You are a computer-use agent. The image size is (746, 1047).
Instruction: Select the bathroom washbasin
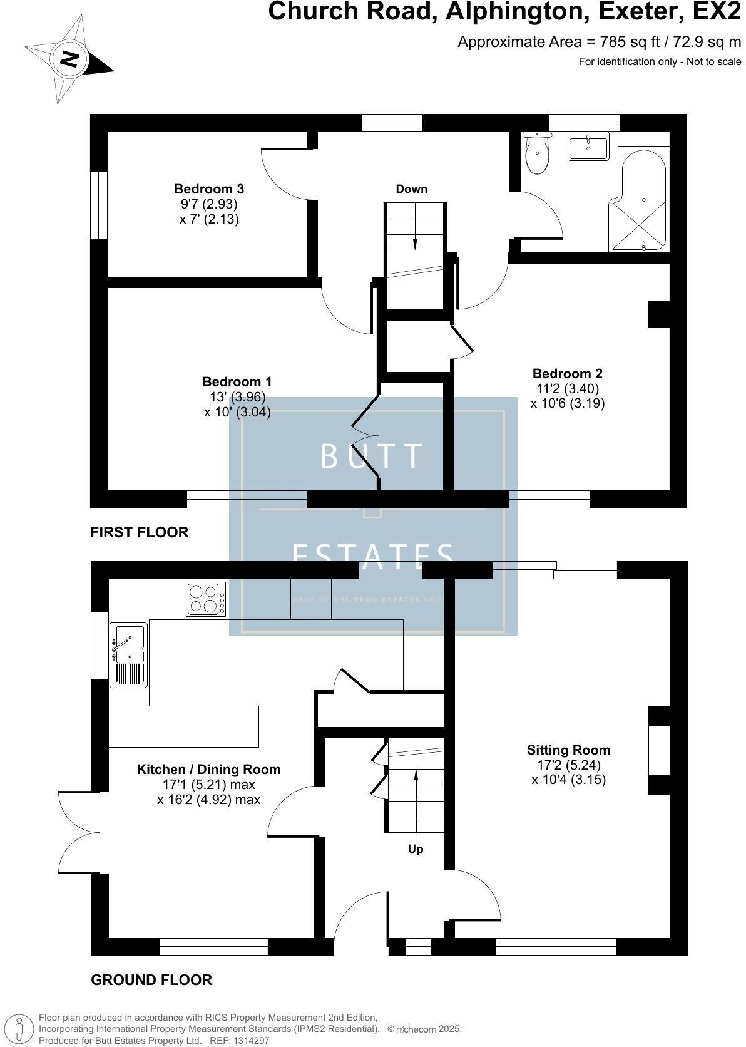click(588, 148)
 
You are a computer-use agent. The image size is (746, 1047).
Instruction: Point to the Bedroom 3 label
click(208, 188)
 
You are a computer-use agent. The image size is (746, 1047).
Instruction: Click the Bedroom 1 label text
click(237, 381)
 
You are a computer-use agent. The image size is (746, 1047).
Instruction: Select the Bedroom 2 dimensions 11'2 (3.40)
click(568, 388)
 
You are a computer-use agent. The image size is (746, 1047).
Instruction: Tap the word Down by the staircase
click(411, 189)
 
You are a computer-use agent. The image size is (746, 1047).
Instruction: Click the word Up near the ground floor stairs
click(416, 849)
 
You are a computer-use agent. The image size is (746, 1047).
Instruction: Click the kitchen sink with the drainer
click(128, 654)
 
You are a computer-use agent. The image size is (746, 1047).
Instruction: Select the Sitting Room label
click(568, 750)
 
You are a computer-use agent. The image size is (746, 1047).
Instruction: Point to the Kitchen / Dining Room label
click(208, 769)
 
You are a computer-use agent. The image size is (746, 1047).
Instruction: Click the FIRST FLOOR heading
click(139, 532)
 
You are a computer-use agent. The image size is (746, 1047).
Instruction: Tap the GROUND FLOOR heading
click(151, 979)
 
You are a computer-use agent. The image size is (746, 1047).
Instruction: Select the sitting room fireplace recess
click(659, 750)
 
